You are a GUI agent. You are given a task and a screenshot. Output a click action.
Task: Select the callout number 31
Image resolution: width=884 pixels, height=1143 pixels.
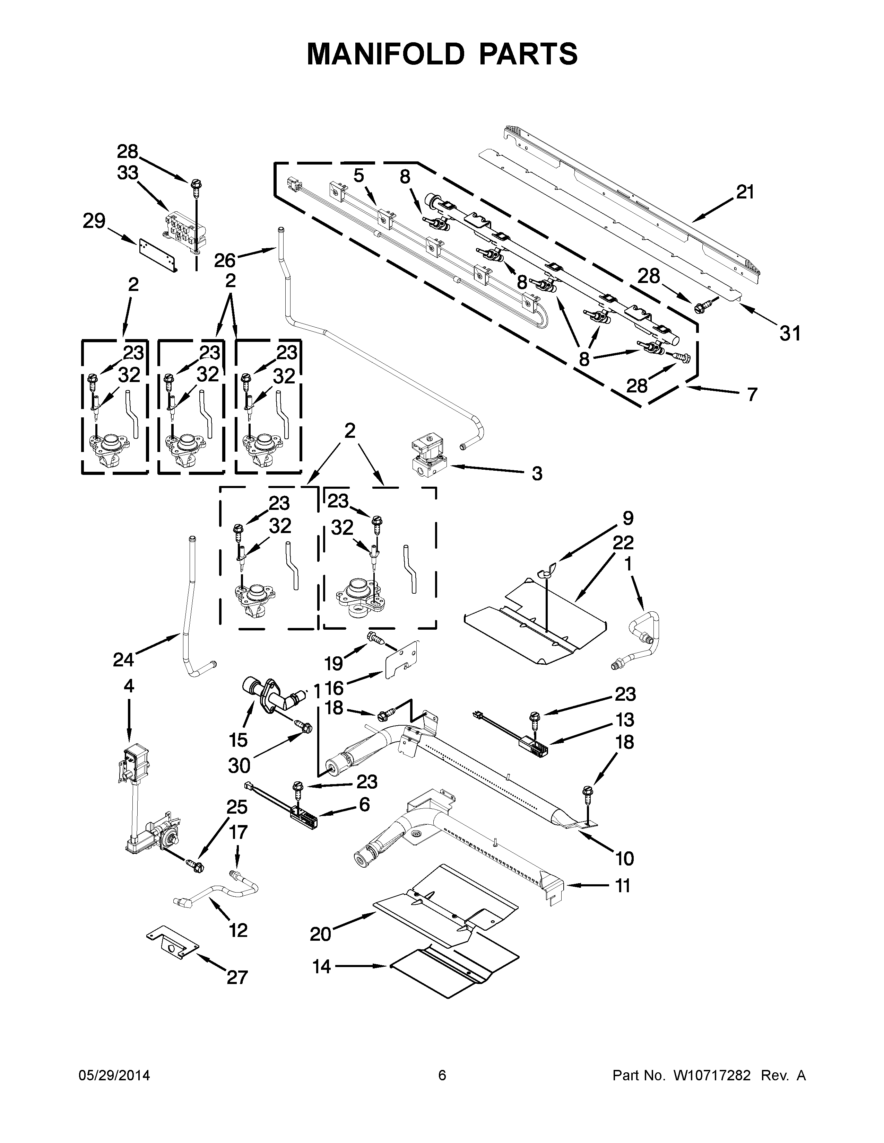click(x=790, y=333)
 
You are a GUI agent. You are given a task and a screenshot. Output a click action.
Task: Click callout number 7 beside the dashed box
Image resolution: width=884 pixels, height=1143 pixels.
click(x=752, y=394)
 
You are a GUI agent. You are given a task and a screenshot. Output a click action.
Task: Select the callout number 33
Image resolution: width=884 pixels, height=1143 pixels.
click(x=127, y=173)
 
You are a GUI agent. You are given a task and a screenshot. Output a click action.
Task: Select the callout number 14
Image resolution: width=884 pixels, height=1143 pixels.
click(x=322, y=967)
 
